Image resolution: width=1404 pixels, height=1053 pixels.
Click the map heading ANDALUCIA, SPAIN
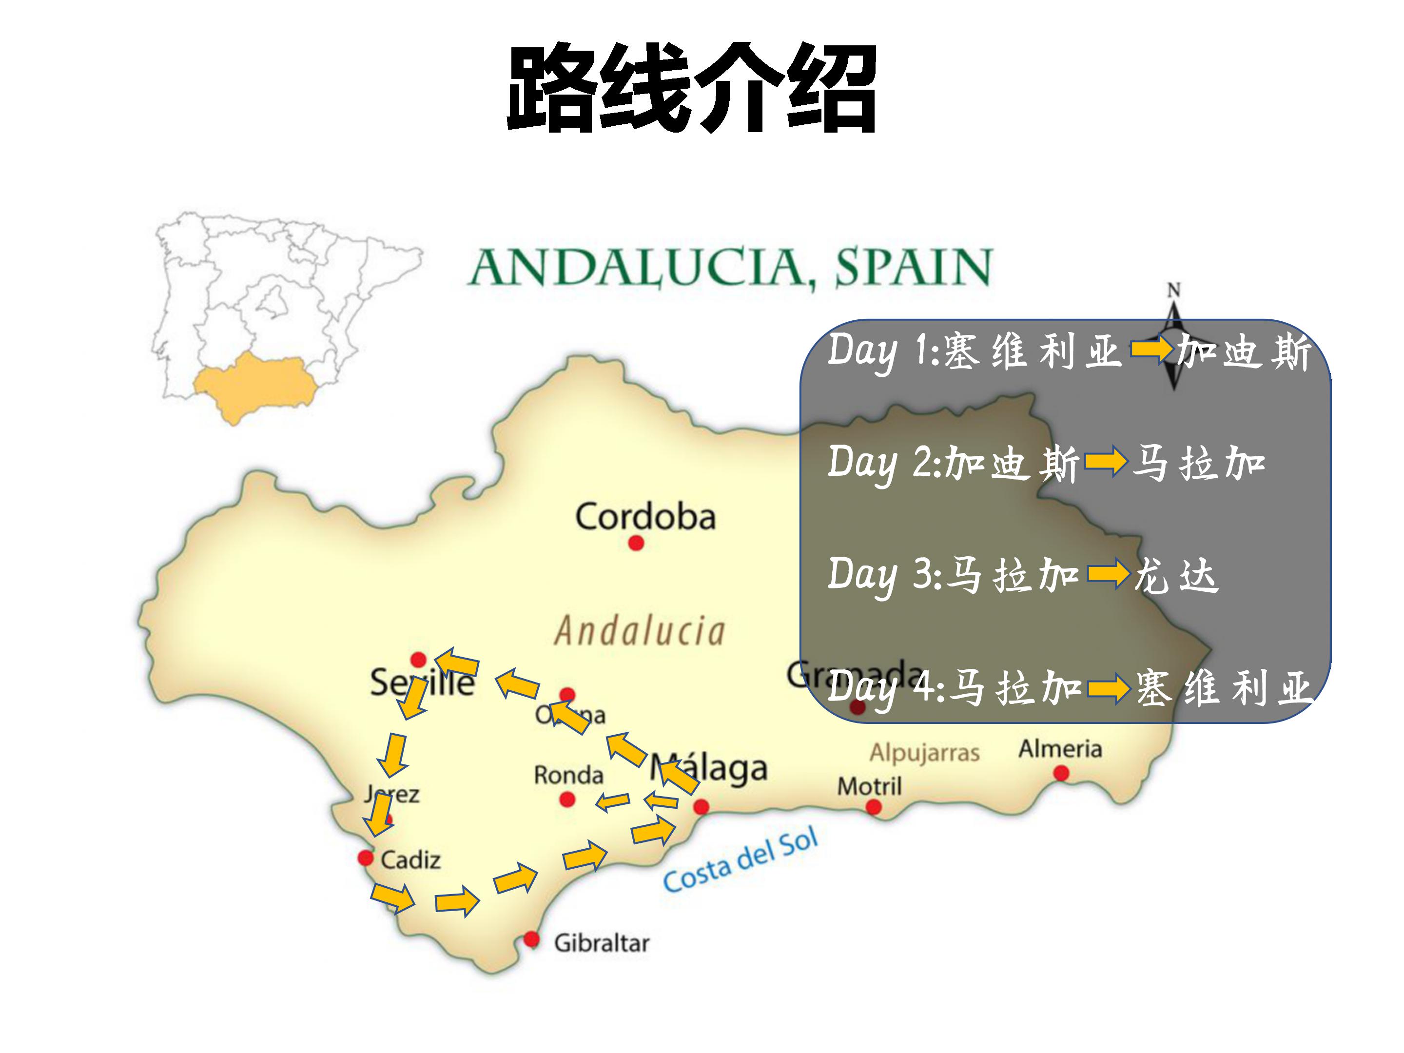[x=730, y=267]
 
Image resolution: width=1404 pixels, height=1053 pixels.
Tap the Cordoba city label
[x=645, y=516]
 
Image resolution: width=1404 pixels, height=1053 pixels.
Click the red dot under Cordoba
[x=636, y=544]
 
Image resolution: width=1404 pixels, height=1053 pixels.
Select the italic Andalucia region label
[x=640, y=631]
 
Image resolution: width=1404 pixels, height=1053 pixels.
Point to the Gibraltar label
[x=601, y=943]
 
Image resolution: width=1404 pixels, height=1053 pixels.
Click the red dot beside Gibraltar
[x=532, y=939]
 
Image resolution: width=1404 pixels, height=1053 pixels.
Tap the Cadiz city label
[x=410, y=860]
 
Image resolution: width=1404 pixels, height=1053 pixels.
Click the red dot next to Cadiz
[x=366, y=858]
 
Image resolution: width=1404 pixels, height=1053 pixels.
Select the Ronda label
[x=568, y=775]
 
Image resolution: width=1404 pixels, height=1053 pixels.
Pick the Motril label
[x=869, y=786]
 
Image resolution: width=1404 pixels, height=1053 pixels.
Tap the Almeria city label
[x=1060, y=749]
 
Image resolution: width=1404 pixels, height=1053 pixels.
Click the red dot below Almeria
[x=1061, y=773]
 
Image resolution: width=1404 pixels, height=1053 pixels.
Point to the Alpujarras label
[x=924, y=753]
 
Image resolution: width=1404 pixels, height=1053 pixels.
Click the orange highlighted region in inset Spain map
[x=254, y=384]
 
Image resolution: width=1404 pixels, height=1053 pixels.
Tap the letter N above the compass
[x=1173, y=291]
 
